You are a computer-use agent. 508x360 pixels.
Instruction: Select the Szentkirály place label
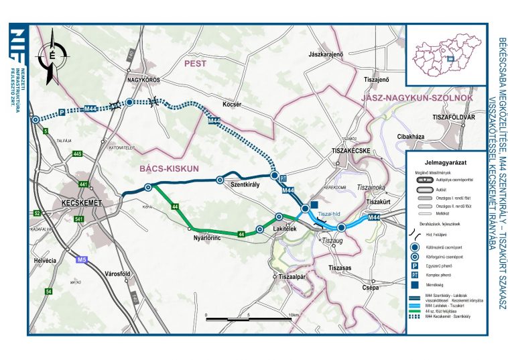click(x=245, y=184)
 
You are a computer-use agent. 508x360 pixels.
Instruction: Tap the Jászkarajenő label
click(x=326, y=53)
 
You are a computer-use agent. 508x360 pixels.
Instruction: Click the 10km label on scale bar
click(x=292, y=314)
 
